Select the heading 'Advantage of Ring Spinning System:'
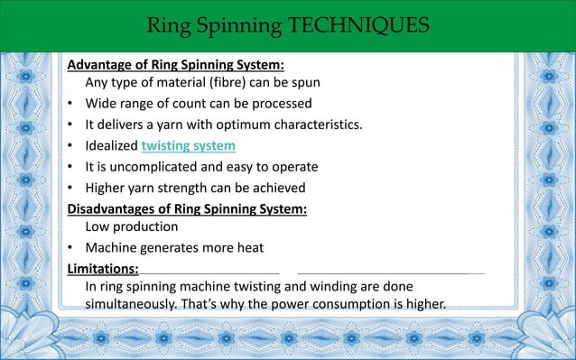point(176,65)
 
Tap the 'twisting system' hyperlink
point(188,145)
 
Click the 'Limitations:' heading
point(103,268)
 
